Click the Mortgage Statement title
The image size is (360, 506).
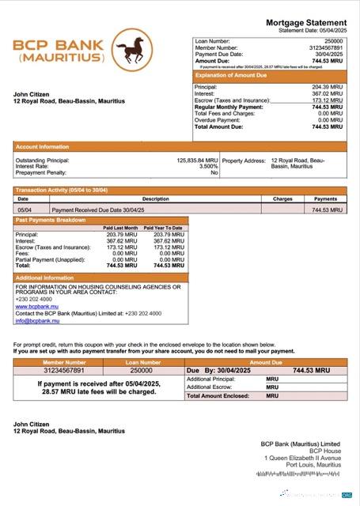306,22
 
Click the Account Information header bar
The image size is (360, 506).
43,146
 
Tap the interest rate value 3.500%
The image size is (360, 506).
207,166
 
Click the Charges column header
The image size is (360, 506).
282,199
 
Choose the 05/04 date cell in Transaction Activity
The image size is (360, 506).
25,210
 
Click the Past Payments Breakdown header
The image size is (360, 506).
51,220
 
